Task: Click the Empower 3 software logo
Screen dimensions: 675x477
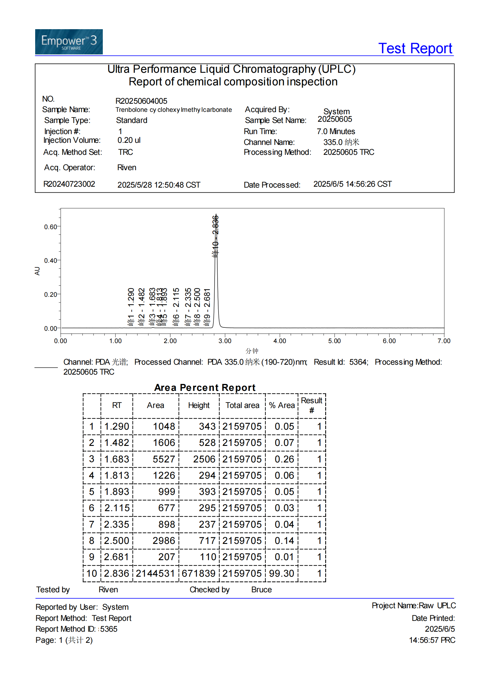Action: tap(69, 42)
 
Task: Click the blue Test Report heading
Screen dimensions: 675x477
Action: tap(415, 49)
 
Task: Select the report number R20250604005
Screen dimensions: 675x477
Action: tap(141, 101)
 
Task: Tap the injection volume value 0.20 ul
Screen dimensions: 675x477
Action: tap(129, 140)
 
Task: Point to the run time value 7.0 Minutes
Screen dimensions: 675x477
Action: tap(336, 131)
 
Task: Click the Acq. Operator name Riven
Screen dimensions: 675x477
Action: tap(127, 167)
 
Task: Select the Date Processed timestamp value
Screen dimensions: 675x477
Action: tap(352, 184)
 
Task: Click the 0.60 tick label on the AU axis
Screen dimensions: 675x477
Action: tap(50, 227)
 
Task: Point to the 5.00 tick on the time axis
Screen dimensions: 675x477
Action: tap(334, 341)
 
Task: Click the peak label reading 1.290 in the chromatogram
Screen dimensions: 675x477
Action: tap(131, 307)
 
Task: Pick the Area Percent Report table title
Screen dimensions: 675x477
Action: tap(205, 388)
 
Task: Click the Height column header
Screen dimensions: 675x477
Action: tap(199, 405)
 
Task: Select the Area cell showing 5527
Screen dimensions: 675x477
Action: tap(164, 459)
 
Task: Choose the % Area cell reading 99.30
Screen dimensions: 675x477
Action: tap(281, 573)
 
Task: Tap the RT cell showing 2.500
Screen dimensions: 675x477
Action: tap(117, 541)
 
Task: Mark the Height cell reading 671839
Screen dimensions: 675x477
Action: tap(198, 573)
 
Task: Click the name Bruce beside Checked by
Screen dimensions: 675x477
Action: tap(261, 590)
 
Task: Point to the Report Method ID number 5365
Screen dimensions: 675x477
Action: tap(109, 629)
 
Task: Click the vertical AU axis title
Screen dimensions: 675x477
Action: tap(37, 271)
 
